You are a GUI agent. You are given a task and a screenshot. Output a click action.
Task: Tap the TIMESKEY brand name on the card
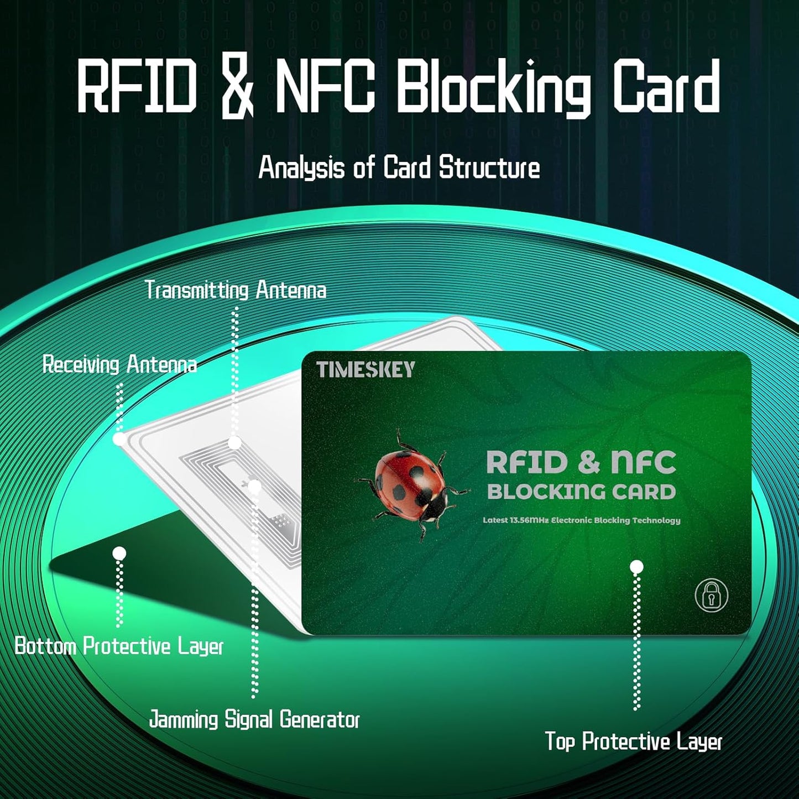[x=365, y=369]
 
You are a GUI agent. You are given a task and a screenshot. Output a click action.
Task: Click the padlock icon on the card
[x=711, y=596]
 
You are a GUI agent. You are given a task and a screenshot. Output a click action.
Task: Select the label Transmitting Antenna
[x=236, y=290]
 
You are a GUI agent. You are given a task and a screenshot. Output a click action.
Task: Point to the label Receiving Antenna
[x=119, y=365]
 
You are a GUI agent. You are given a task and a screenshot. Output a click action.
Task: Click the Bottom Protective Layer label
[x=119, y=646]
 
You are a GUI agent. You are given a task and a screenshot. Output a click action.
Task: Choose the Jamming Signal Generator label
[x=254, y=720]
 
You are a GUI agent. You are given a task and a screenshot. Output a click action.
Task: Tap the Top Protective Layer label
[x=634, y=741]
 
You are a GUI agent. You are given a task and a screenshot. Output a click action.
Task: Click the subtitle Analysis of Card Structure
[x=399, y=168]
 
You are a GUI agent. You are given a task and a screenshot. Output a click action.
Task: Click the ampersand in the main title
[x=237, y=88]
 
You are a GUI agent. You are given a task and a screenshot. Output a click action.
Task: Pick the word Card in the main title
[x=667, y=88]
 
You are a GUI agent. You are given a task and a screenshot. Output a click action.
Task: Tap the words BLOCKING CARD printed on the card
[x=581, y=492]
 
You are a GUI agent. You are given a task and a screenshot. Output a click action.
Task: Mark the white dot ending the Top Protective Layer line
[x=636, y=567]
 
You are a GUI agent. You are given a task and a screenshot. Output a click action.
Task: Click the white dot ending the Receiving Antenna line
[x=119, y=439]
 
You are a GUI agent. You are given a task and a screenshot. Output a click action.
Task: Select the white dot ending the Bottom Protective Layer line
[x=119, y=553]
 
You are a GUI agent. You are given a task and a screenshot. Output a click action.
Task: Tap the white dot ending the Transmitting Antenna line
[x=235, y=442]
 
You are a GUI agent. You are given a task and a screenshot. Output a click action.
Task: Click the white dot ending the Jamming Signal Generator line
[x=254, y=487]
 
